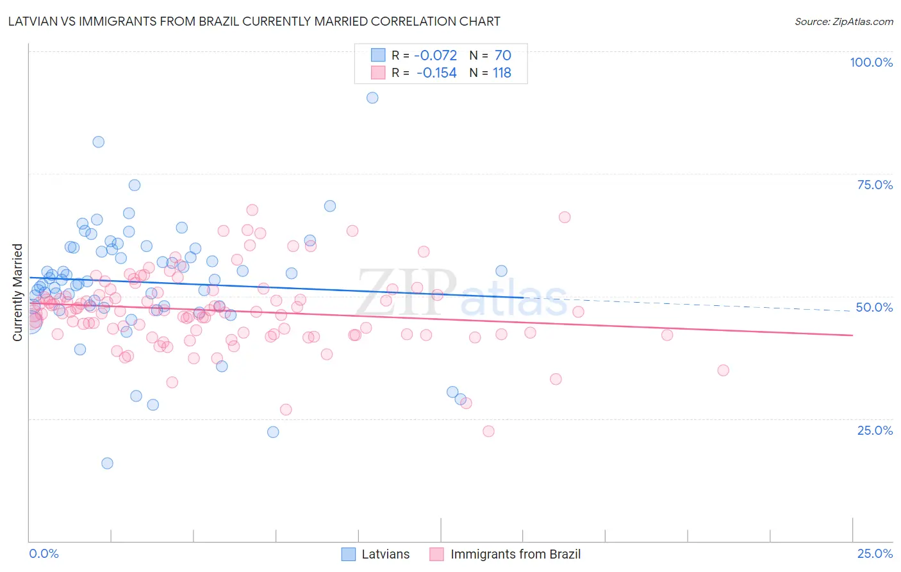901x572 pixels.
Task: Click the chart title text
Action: (254, 21)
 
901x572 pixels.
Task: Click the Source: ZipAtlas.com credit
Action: (843, 22)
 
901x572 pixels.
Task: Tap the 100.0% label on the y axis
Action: (871, 62)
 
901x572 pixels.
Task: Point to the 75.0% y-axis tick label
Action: (875, 185)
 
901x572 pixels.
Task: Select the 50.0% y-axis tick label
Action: (874, 307)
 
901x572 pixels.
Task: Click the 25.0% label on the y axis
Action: (875, 430)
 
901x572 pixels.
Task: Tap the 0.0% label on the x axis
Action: (44, 554)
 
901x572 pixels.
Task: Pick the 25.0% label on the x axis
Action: (875, 554)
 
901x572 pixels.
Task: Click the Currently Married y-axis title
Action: (18, 292)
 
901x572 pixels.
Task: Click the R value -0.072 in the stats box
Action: (435, 56)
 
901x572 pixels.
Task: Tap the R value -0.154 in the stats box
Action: (436, 73)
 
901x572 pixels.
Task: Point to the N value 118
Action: (502, 73)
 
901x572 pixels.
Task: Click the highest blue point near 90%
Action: (372, 98)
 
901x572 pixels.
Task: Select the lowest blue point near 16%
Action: (107, 463)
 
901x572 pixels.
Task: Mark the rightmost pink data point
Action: (723, 370)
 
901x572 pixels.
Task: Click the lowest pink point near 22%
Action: (488, 431)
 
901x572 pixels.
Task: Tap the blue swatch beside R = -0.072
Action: (378, 56)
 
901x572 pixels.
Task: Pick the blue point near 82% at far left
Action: (98, 142)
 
